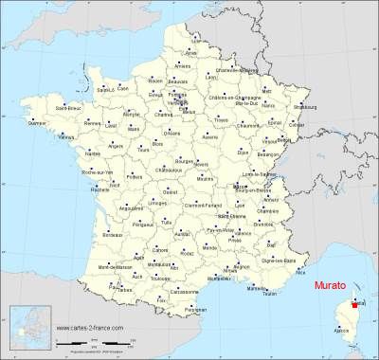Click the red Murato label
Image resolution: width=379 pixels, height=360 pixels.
pyautogui.click(x=331, y=283)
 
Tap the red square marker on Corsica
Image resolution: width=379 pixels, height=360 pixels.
pyautogui.click(x=355, y=305)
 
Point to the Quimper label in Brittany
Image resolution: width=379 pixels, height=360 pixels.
pyautogui.click(x=36, y=123)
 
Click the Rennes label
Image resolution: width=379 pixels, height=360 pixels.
pyautogui.click(x=91, y=124)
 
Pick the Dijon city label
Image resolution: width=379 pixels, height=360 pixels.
pyautogui.click(x=242, y=151)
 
